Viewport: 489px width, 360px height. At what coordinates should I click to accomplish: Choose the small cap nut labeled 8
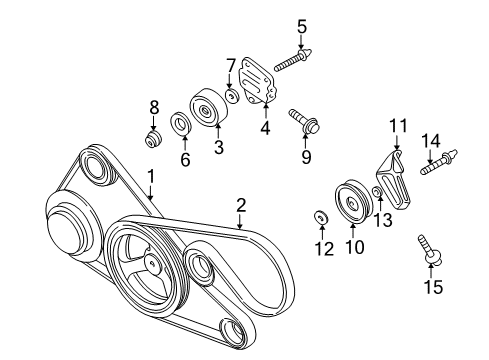coord(153,137)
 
